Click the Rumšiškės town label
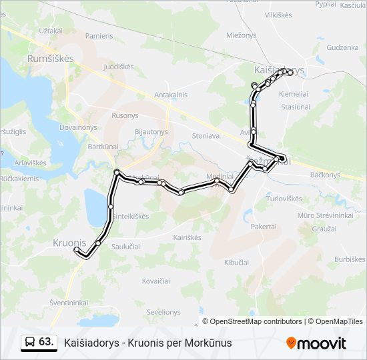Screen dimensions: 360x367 tap(50, 59)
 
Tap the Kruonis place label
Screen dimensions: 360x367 tap(69, 243)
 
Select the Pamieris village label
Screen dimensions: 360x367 tap(99, 35)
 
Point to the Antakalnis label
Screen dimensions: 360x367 tap(171, 95)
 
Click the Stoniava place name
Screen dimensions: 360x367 tap(206, 135)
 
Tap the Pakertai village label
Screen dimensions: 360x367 tap(264, 227)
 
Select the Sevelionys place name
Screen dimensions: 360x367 tap(163, 312)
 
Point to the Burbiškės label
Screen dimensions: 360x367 tap(350, 259)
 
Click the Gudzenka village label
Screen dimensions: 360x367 tap(343, 48)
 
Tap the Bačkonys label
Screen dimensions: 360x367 tap(325, 175)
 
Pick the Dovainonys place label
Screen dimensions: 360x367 tap(78, 127)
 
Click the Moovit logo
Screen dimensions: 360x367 tap(316, 343)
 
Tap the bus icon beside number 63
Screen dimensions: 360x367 tap(31, 342)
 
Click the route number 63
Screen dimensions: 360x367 tap(46, 342)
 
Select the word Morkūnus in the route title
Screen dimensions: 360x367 tap(209, 343)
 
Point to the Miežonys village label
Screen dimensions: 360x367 tap(241, 35)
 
